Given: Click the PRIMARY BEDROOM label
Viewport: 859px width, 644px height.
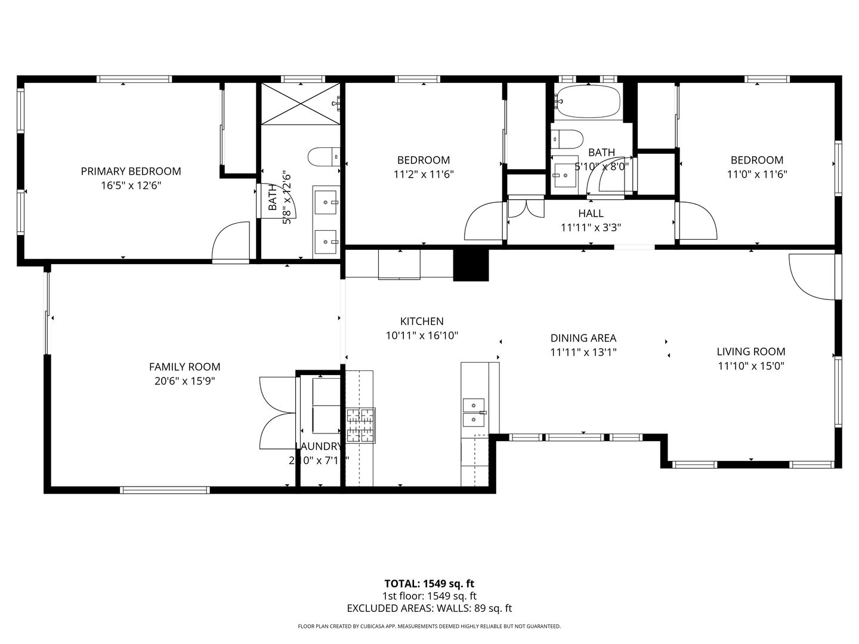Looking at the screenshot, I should (131, 171).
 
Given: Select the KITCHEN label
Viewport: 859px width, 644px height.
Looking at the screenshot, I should (422, 321).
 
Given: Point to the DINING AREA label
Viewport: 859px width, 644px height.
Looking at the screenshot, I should (583, 338).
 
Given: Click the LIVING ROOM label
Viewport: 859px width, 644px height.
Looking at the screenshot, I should (750, 352).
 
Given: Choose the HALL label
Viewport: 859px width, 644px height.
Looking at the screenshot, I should (591, 213).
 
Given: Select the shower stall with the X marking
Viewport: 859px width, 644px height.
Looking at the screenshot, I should (300, 103).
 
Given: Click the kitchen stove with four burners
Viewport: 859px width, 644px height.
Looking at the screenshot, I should (361, 425).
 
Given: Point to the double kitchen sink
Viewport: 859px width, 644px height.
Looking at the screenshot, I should (475, 413).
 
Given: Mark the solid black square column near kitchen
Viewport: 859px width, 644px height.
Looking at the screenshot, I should (471, 265).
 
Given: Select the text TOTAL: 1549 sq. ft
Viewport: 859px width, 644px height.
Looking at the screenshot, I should (429, 584).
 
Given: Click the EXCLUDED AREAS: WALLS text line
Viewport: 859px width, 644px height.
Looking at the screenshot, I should (429, 608).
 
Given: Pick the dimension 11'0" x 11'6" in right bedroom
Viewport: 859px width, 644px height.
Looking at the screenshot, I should (756, 175).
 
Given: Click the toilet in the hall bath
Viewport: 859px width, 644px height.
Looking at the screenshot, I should (566, 140).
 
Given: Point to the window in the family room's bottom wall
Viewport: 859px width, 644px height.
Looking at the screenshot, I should (165, 490).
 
